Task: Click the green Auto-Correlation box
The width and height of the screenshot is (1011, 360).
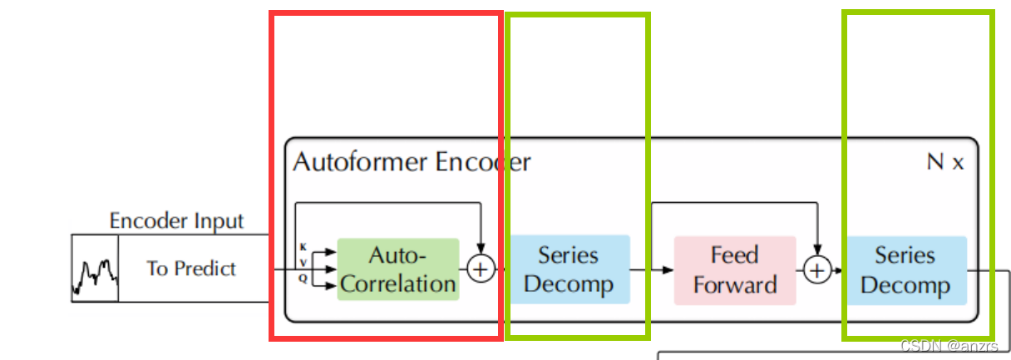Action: click(x=397, y=269)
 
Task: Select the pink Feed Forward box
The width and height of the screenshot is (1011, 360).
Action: click(x=734, y=269)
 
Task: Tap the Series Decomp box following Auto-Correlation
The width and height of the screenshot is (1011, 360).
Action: click(x=569, y=269)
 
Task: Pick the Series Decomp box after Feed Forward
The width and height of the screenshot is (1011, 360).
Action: click(x=905, y=269)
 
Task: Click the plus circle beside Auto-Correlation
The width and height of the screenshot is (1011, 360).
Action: click(x=481, y=269)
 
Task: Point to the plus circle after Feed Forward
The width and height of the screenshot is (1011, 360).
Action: click(x=817, y=269)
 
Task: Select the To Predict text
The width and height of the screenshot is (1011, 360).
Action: click(x=191, y=269)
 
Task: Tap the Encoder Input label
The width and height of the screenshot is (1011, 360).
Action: click(x=176, y=221)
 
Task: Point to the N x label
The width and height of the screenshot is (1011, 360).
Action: click(x=945, y=162)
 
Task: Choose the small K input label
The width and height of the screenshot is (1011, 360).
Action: click(x=303, y=247)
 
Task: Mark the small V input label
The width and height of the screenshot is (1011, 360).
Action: click(x=303, y=263)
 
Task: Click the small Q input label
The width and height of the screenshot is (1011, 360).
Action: click(x=303, y=279)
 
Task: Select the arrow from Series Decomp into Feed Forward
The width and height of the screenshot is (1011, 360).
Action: click(x=653, y=269)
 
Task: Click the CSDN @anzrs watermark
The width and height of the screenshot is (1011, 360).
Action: click(x=954, y=345)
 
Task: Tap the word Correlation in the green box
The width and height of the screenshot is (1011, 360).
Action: click(x=398, y=284)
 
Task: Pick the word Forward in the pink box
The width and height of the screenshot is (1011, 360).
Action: click(x=734, y=285)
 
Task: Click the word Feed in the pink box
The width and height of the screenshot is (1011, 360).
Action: click(x=734, y=254)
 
